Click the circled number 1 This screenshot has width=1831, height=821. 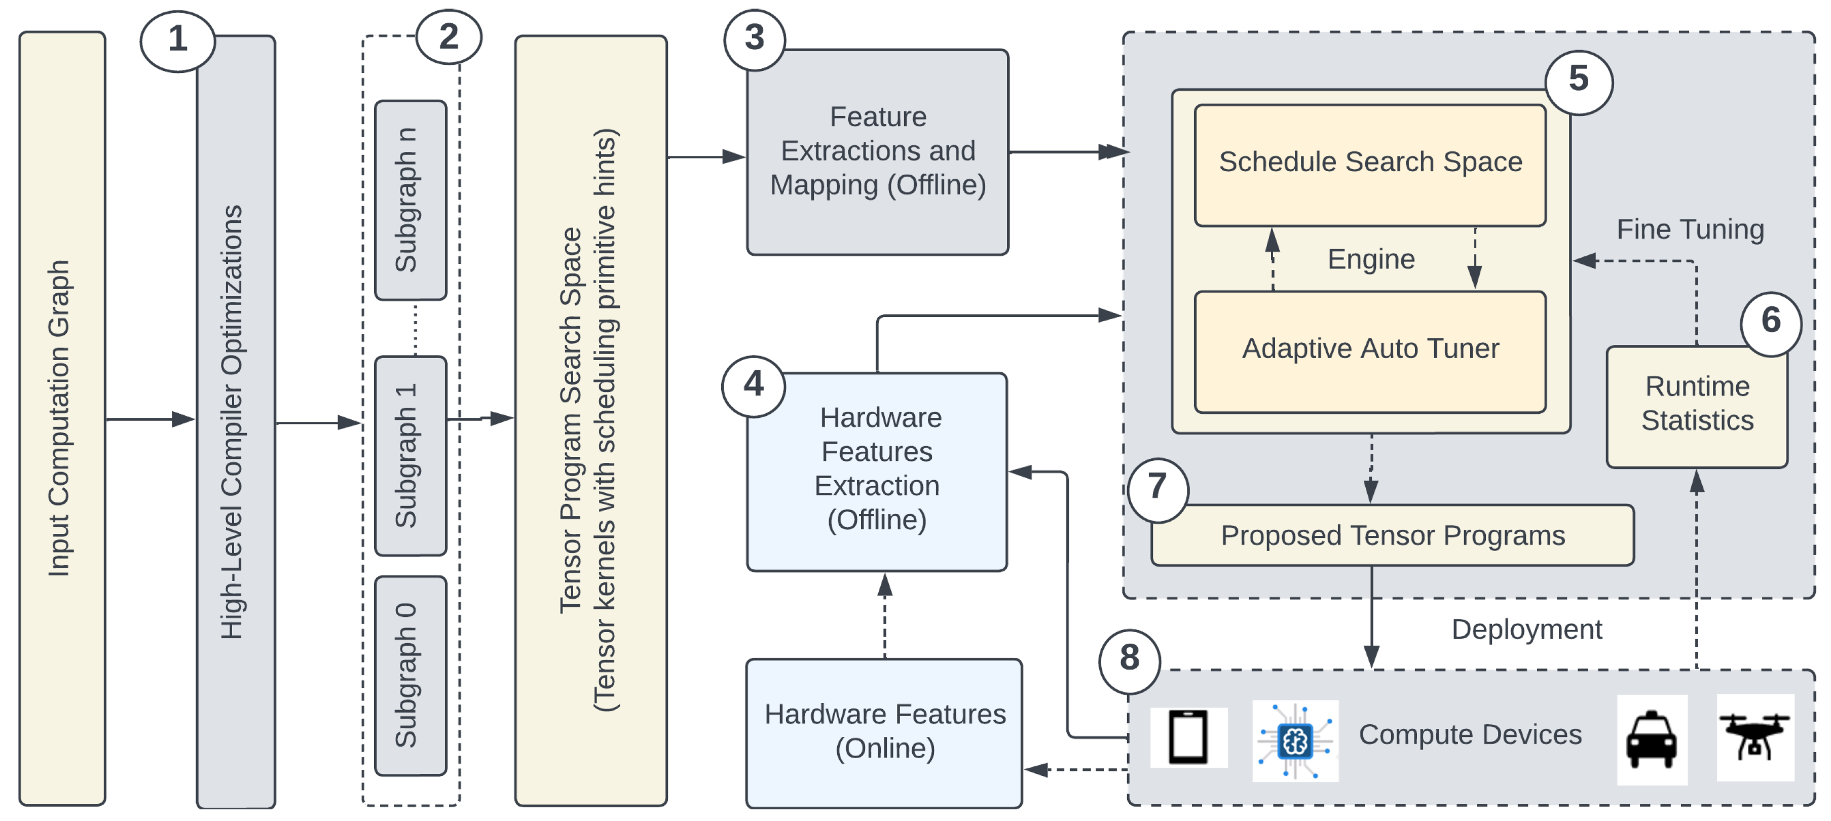pyautogui.click(x=178, y=40)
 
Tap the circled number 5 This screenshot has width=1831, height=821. pyautogui.click(x=1578, y=80)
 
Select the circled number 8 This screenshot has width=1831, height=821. pyautogui.click(x=1130, y=659)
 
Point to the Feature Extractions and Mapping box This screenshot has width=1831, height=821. pyautogui.click(x=877, y=152)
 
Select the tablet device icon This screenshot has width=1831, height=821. pyautogui.click(x=1188, y=737)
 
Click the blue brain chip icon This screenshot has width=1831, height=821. pyautogui.click(x=1295, y=741)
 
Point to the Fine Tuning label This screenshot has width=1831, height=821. pyautogui.click(x=1690, y=229)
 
